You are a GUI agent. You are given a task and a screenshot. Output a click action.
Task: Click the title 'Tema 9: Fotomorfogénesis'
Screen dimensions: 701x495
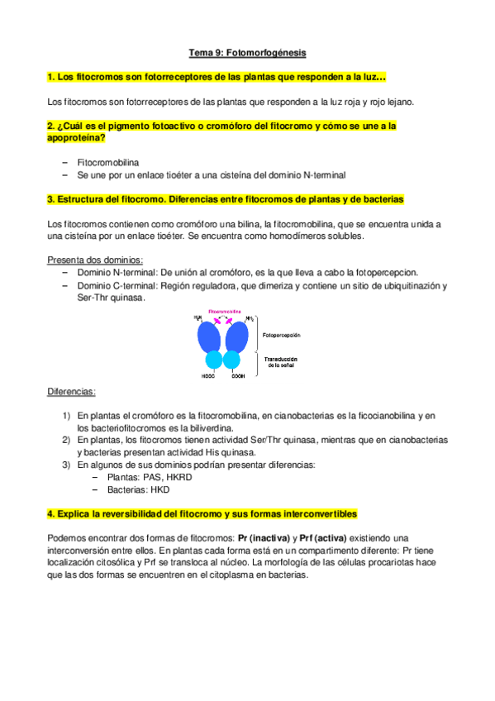pyautogui.click(x=247, y=53)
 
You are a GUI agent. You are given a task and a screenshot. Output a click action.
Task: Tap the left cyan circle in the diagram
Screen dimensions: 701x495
pyautogui.click(x=213, y=360)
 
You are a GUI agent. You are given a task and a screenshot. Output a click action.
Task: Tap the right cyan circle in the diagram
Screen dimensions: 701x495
pyautogui.click(x=236, y=360)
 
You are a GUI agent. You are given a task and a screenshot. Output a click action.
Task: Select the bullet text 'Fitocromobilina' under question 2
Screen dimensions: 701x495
pyautogui.click(x=108, y=163)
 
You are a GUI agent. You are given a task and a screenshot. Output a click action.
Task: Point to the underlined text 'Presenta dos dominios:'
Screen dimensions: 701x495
pyautogui.click(x=95, y=260)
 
